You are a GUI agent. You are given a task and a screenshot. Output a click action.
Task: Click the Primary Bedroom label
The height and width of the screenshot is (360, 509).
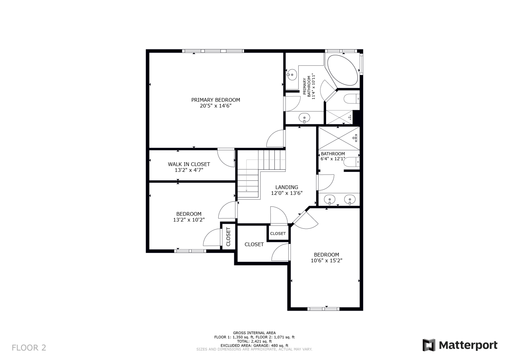[216, 100]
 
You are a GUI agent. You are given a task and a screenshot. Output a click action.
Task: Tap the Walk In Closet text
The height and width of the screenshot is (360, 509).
[189, 164]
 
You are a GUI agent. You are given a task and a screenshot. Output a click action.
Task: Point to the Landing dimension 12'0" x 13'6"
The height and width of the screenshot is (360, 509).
[287, 193]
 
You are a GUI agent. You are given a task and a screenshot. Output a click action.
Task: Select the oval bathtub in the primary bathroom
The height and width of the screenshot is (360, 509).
[343, 70]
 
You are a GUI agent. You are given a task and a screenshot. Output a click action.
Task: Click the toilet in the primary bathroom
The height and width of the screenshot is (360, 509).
[352, 99]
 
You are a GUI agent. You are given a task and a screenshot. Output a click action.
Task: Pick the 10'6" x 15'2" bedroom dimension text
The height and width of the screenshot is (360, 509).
[326, 261]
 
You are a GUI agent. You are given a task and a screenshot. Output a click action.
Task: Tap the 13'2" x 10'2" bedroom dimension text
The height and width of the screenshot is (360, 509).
[189, 220]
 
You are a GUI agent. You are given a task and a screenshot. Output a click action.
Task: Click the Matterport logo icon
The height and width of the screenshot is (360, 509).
[429, 345]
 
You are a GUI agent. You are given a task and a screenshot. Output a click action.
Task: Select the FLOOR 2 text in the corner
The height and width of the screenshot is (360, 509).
[29, 348]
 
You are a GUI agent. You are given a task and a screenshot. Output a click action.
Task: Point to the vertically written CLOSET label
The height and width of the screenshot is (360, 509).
[228, 237]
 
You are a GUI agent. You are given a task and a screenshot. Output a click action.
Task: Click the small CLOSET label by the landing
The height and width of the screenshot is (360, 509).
[278, 234]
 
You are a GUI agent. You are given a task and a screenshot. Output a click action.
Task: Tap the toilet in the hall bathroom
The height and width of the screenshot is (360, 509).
[352, 162]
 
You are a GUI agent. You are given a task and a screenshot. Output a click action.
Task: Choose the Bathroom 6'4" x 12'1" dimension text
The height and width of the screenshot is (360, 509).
[333, 159]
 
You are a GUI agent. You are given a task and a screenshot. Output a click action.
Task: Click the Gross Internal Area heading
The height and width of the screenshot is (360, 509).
[254, 333]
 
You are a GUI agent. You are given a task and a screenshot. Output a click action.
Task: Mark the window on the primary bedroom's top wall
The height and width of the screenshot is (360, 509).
[213, 51]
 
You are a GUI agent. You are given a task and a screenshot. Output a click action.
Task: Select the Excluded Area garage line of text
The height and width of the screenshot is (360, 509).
[254, 345]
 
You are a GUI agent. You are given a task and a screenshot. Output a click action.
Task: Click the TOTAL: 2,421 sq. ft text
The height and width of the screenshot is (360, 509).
[254, 341]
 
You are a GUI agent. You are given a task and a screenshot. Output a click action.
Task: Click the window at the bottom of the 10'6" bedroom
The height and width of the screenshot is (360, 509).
[323, 309]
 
